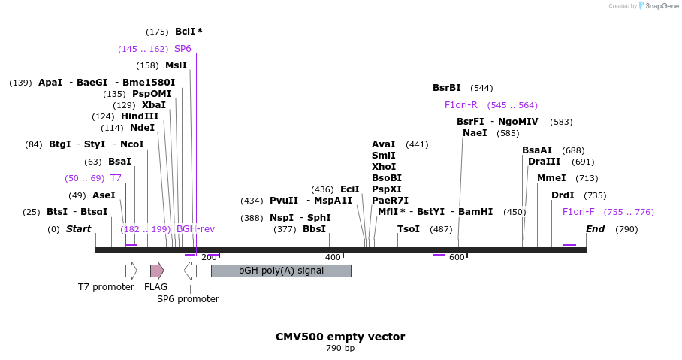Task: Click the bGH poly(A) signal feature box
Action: (x=281, y=271)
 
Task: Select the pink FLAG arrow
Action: (x=157, y=271)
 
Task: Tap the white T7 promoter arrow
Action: (x=131, y=271)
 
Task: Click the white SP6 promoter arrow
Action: (x=191, y=271)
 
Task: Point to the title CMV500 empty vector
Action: (x=340, y=337)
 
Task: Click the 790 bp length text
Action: (x=340, y=349)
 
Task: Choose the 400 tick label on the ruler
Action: (x=333, y=258)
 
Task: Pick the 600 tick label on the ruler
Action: (x=457, y=258)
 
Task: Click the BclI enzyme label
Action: (x=185, y=32)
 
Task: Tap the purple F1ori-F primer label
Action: (x=578, y=212)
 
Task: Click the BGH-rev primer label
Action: (x=195, y=229)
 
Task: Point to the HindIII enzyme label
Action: (x=140, y=116)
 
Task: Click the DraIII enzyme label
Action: (x=544, y=162)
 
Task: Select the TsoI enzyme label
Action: (x=409, y=229)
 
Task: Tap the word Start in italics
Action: (x=78, y=229)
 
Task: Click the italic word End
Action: (x=595, y=229)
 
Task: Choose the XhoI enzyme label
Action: (x=384, y=167)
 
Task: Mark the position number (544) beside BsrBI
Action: (x=482, y=88)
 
